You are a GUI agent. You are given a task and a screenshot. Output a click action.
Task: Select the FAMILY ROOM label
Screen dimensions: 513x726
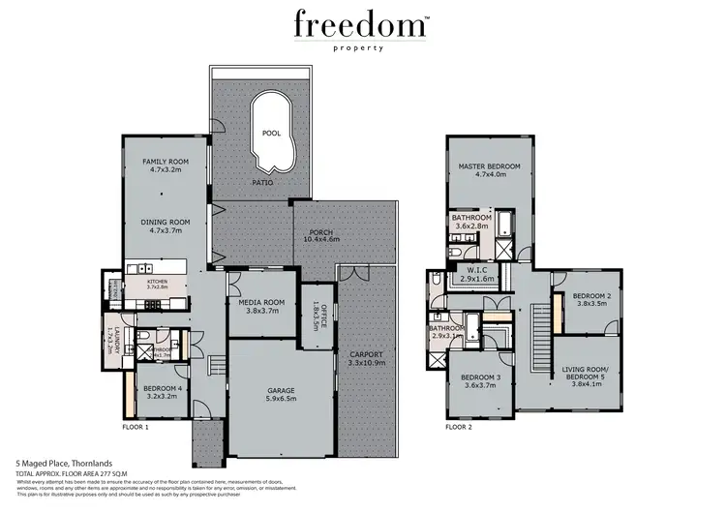coord(165,162)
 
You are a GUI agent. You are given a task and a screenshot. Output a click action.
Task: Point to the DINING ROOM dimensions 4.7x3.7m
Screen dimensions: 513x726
coord(166,232)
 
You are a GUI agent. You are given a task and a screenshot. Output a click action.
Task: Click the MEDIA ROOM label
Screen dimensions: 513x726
coord(258,302)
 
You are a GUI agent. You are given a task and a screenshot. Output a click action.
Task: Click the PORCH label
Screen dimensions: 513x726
coord(321,232)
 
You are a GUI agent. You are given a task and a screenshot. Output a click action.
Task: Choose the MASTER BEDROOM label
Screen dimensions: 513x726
coord(489,166)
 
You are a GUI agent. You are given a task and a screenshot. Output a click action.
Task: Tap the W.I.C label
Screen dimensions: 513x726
coord(475,270)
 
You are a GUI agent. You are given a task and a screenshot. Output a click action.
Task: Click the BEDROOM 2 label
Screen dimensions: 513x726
coord(590,295)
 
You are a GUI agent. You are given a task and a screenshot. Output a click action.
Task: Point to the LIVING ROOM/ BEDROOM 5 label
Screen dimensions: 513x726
coord(590,373)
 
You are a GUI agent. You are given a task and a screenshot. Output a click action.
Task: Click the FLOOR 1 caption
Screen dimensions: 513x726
coord(136,426)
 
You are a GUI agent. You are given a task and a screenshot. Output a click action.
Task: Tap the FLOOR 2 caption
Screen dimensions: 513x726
coord(459,426)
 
